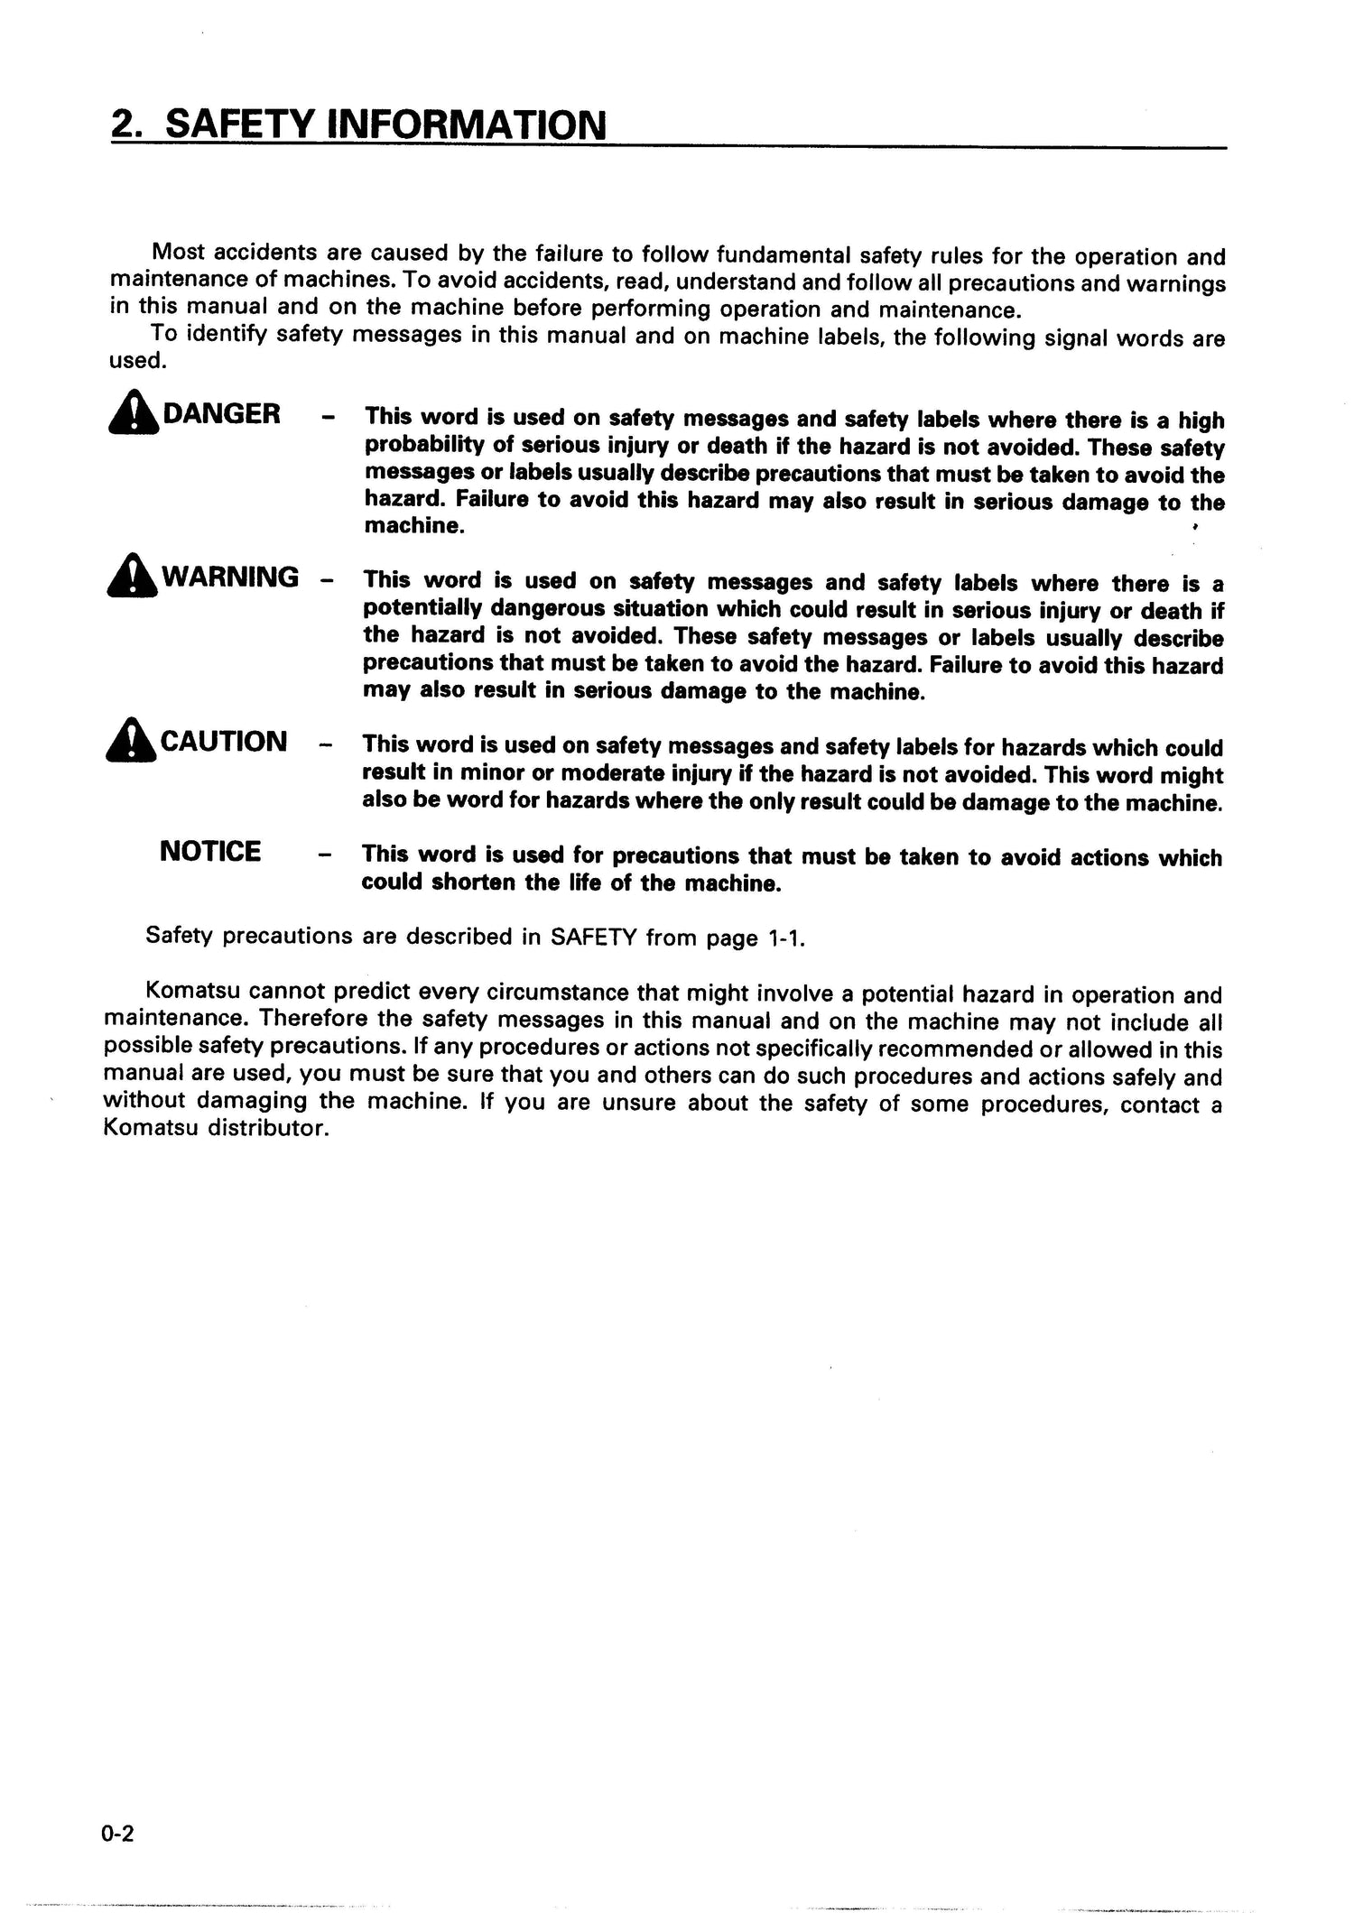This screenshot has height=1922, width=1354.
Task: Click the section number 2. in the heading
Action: click(x=128, y=125)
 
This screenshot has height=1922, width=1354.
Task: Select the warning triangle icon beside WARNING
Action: click(x=132, y=577)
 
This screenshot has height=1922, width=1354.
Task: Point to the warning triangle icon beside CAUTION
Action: click(x=132, y=742)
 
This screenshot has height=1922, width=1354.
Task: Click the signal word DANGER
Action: click(x=221, y=414)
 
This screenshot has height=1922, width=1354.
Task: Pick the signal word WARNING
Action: click(x=229, y=577)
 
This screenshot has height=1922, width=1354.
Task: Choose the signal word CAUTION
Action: click(x=223, y=742)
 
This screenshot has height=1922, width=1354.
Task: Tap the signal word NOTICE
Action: click(x=210, y=851)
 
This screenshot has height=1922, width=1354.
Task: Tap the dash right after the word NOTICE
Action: click(x=326, y=854)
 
